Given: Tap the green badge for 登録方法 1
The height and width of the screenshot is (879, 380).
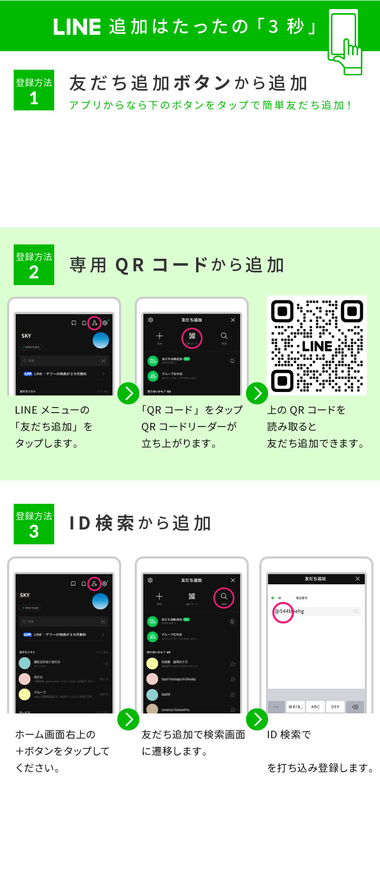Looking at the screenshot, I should pyautogui.click(x=34, y=90).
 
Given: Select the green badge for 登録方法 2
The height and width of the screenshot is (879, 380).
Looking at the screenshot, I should pyautogui.click(x=34, y=265).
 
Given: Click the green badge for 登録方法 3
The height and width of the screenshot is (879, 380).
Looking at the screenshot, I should pyautogui.click(x=34, y=524).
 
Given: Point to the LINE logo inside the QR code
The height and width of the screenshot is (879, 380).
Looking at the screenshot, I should pyautogui.click(x=317, y=347).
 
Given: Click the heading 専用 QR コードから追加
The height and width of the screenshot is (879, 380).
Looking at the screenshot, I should pyautogui.click(x=176, y=265).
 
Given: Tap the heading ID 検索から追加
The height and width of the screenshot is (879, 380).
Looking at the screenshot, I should pyautogui.click(x=140, y=524).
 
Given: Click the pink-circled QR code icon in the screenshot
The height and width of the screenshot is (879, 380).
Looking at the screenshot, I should pyautogui.click(x=192, y=338).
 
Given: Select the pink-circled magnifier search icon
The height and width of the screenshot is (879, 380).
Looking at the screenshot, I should pyautogui.click(x=223, y=597).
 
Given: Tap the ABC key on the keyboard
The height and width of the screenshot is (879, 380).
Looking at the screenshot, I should pyautogui.click(x=315, y=707).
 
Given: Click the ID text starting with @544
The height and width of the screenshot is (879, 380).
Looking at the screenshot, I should pyautogui.click(x=289, y=611).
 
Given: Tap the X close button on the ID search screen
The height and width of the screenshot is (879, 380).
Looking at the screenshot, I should pyautogui.click(x=358, y=579).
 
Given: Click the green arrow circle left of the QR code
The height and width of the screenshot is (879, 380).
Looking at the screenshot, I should pyautogui.click(x=257, y=393).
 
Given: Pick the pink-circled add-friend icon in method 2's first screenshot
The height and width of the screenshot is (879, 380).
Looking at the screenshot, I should pyautogui.click(x=94, y=323).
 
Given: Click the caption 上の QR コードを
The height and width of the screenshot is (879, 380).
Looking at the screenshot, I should pyautogui.click(x=306, y=410).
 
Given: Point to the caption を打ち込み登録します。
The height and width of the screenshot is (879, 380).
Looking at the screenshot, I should pyautogui.click(x=321, y=768).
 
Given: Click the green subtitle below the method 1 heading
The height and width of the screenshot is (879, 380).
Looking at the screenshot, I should pyautogui.click(x=210, y=105).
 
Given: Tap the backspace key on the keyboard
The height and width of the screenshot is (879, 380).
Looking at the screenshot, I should pyautogui.click(x=355, y=707).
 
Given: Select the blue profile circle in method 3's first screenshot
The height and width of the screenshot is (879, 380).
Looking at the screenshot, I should pyautogui.click(x=100, y=601).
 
